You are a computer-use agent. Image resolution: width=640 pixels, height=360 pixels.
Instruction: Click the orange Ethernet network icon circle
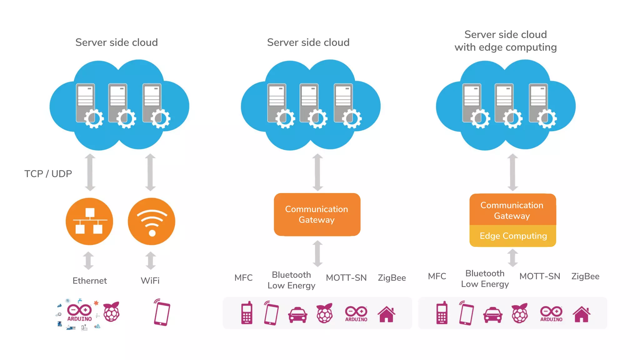tap(89, 221)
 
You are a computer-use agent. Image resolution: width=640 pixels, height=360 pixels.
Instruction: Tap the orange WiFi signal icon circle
tap(152, 221)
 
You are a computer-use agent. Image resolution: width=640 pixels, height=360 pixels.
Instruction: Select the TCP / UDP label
tap(48, 174)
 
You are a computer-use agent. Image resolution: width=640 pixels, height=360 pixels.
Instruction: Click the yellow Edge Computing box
tap(513, 236)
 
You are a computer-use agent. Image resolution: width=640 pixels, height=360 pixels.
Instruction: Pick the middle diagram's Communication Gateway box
tap(317, 214)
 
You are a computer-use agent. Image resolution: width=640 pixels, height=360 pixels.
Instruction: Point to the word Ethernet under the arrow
tap(90, 281)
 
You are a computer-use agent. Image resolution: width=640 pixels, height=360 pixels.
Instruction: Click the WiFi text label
tap(150, 281)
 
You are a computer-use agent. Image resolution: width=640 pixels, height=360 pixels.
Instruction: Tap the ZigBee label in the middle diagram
tap(392, 277)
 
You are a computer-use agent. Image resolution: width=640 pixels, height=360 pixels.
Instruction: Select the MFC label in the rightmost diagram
tap(437, 276)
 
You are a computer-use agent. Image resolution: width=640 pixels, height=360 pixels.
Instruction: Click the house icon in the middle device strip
tap(387, 314)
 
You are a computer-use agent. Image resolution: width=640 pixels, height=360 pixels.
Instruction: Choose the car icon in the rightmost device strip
tap(493, 315)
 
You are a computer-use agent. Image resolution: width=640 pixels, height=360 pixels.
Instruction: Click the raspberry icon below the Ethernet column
tap(112, 312)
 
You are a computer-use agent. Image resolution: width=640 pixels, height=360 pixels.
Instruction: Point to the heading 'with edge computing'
tap(505, 47)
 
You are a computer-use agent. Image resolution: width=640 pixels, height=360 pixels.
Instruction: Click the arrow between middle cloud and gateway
tap(317, 172)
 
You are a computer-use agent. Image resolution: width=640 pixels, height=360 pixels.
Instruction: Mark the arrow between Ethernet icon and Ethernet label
tap(88, 261)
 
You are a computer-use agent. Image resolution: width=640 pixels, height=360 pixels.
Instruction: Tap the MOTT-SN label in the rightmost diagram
tap(540, 276)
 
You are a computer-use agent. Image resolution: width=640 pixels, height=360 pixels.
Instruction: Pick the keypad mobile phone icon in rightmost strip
tap(442, 313)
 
